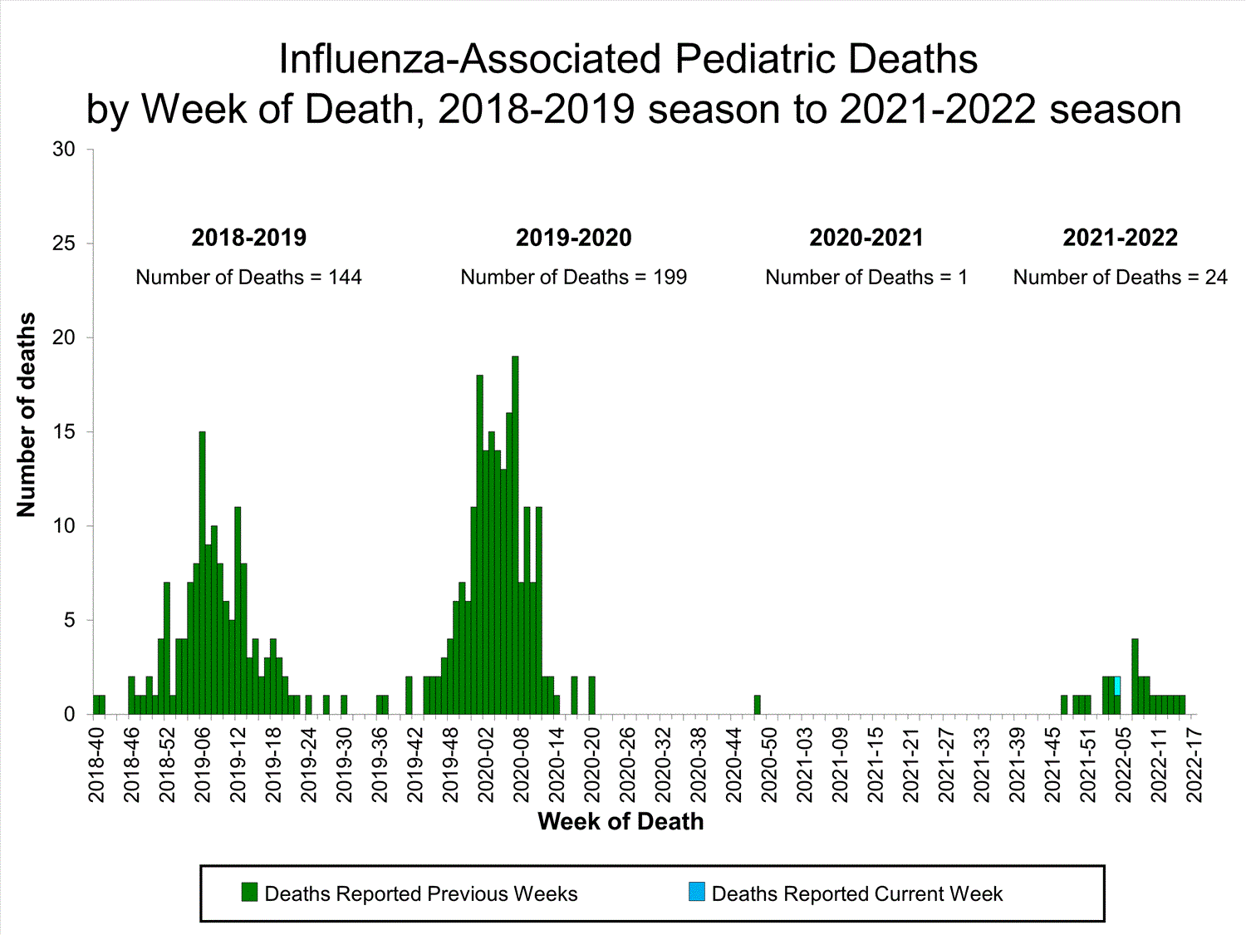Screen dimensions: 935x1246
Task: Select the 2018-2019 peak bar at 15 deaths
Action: click(202, 573)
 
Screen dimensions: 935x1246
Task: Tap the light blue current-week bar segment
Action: click(1117, 686)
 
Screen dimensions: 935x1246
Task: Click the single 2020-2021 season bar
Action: click(757, 705)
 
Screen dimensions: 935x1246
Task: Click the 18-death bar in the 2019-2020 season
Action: click(479, 544)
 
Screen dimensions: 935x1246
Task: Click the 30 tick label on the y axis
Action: click(63, 150)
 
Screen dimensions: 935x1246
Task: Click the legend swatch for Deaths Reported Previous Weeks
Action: click(249, 893)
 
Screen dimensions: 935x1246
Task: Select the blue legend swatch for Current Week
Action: click(696, 893)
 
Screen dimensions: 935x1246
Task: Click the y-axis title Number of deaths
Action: click(27, 415)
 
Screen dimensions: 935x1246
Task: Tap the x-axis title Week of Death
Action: click(621, 821)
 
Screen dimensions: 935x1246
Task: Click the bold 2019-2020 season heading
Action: click(573, 238)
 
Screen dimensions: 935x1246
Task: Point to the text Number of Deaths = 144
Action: click(248, 278)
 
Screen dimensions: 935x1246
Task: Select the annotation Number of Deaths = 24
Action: click(1120, 278)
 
